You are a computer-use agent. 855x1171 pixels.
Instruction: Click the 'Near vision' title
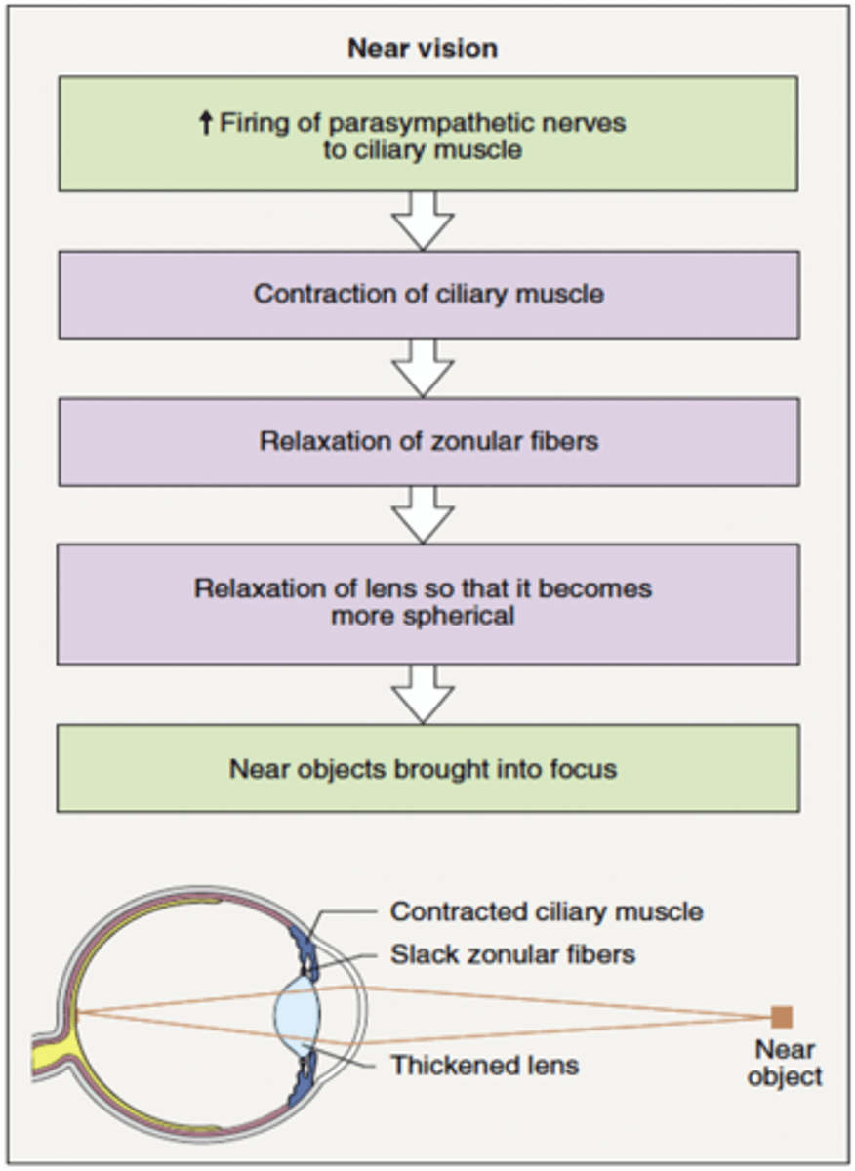point(423,49)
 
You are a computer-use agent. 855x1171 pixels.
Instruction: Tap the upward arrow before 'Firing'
point(205,124)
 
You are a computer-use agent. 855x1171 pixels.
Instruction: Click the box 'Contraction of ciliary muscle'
point(428,294)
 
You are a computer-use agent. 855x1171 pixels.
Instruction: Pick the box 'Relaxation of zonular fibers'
point(428,441)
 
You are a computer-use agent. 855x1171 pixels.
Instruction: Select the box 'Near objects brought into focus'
point(428,768)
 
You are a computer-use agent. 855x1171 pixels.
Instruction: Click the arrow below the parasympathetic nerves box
point(423,220)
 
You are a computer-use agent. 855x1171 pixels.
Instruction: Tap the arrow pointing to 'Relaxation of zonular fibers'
point(423,368)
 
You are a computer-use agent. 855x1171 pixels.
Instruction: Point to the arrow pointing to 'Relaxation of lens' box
point(423,514)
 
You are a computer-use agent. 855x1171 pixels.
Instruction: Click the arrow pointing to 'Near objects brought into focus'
point(423,694)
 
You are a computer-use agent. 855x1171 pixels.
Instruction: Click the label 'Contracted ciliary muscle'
point(547,912)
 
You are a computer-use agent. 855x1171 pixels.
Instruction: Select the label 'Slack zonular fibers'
point(512,954)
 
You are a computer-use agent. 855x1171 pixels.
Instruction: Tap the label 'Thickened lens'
point(485,1065)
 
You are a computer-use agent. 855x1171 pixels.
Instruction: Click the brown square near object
point(781,1017)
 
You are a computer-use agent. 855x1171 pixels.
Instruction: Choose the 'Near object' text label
point(785,1064)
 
